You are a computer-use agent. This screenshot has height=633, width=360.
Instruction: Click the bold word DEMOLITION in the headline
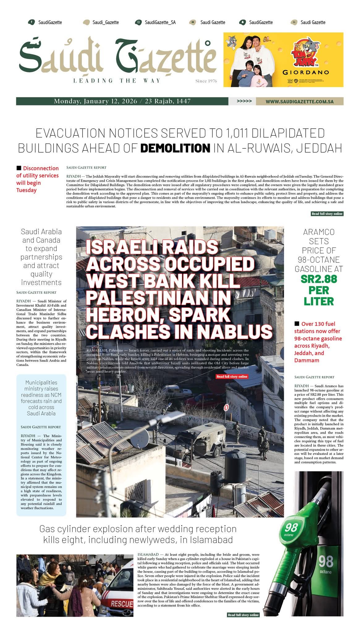click(x=175, y=148)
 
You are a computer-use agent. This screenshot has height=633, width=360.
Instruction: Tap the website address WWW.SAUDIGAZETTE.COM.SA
click(x=299, y=101)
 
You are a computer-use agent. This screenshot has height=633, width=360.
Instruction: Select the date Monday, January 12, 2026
click(x=95, y=101)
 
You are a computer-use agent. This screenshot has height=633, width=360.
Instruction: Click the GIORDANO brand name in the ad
click(x=306, y=73)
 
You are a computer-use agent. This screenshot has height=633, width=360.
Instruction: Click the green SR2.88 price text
click(x=319, y=279)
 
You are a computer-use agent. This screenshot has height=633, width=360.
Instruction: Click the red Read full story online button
click(x=232, y=376)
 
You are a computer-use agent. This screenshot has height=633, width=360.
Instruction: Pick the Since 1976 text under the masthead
click(x=206, y=81)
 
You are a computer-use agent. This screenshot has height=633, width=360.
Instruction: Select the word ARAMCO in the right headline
click(x=319, y=232)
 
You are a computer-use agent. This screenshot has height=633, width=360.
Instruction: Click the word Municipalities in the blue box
click(x=41, y=382)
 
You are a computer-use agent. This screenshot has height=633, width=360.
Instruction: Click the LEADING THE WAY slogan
click(x=117, y=81)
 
